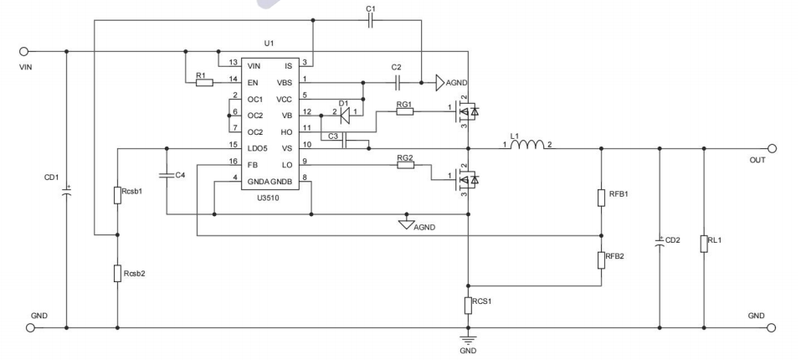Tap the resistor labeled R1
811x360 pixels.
tap(201, 82)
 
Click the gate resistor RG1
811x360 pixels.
tap(405, 112)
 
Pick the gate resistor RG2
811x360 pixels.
tap(405, 166)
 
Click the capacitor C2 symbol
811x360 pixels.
tap(398, 82)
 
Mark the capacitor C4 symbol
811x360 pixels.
tap(167, 175)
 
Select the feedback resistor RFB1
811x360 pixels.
tap(601, 198)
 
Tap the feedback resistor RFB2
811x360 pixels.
tap(601, 260)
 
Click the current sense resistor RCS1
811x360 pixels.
tap(468, 305)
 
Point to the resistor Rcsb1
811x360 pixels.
tap(117, 196)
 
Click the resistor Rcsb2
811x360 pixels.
tap(117, 273)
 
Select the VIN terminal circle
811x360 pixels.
tap(24, 51)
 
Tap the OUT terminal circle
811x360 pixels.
tap(772, 148)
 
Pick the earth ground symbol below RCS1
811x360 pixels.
tap(468, 339)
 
